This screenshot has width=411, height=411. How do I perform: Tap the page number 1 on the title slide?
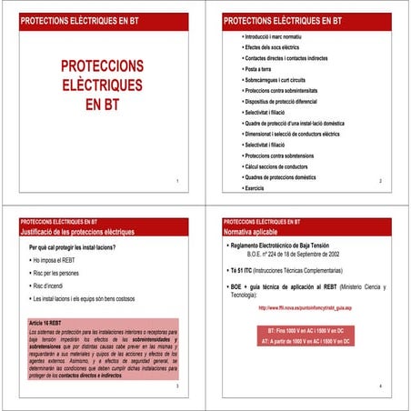[x=177, y=182]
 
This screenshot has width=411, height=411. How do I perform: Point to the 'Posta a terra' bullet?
[x=257, y=69]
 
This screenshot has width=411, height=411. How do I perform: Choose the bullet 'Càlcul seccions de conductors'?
[x=276, y=166]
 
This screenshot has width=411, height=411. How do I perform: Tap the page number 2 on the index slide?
[x=380, y=182]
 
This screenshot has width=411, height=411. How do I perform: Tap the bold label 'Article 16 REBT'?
[x=50, y=323]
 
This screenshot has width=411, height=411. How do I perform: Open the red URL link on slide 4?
[x=305, y=308]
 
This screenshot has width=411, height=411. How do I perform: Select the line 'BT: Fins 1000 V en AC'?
[x=305, y=328]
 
